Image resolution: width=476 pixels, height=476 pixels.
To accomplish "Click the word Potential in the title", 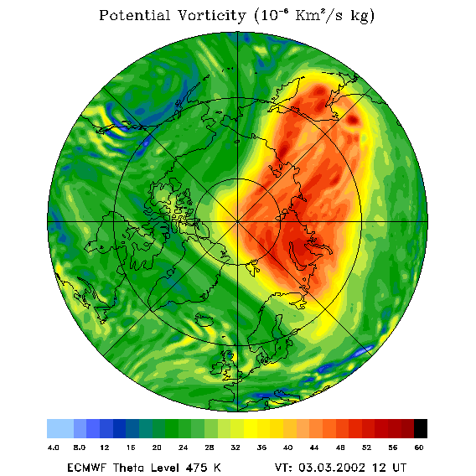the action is [x=134, y=15].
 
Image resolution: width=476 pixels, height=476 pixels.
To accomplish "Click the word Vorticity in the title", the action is [x=211, y=15].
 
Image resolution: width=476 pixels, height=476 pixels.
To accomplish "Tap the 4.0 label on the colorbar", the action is [x=53, y=448].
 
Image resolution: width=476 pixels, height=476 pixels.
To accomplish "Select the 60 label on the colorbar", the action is [x=419, y=448].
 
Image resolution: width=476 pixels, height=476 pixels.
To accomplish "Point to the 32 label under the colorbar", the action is [x=235, y=448].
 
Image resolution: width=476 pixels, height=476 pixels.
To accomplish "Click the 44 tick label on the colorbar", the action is [x=314, y=448].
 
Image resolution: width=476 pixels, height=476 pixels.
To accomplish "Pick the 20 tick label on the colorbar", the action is [x=157, y=448].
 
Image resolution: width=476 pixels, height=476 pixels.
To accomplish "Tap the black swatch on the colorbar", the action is [x=421, y=428].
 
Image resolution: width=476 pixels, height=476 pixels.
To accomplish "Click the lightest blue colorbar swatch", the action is [x=60, y=428].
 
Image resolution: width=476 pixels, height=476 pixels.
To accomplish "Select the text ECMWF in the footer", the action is [x=86, y=468].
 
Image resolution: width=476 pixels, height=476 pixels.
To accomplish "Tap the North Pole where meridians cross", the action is [x=237, y=221].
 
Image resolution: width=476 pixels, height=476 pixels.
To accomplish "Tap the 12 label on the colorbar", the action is [x=105, y=448].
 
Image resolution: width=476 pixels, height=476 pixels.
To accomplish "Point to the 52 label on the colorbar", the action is [x=366, y=448].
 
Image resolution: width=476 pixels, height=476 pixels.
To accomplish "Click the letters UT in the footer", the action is [x=398, y=468].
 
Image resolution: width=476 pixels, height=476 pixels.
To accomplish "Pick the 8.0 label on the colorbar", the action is [x=80, y=448].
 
